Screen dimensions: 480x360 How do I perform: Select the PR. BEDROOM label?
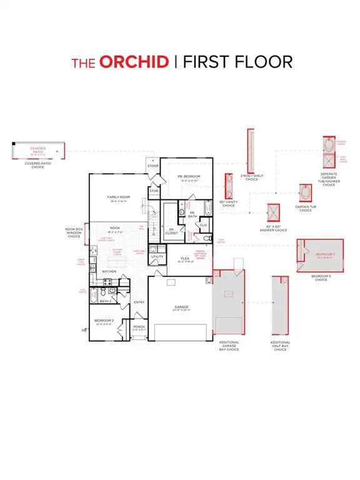coord(188,177)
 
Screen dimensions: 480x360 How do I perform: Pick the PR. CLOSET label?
coord(171,230)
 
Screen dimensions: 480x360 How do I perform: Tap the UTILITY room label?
coord(157,256)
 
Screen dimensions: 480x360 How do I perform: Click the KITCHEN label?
coord(110,271)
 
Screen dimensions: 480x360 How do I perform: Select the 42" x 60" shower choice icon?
coord(272,212)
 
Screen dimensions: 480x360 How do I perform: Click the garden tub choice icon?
coord(304,193)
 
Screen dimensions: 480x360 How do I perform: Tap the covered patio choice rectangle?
coord(38,151)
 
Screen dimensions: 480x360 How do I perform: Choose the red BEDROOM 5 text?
coord(325,254)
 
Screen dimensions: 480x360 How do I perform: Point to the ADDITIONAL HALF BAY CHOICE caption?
coord(280,346)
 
